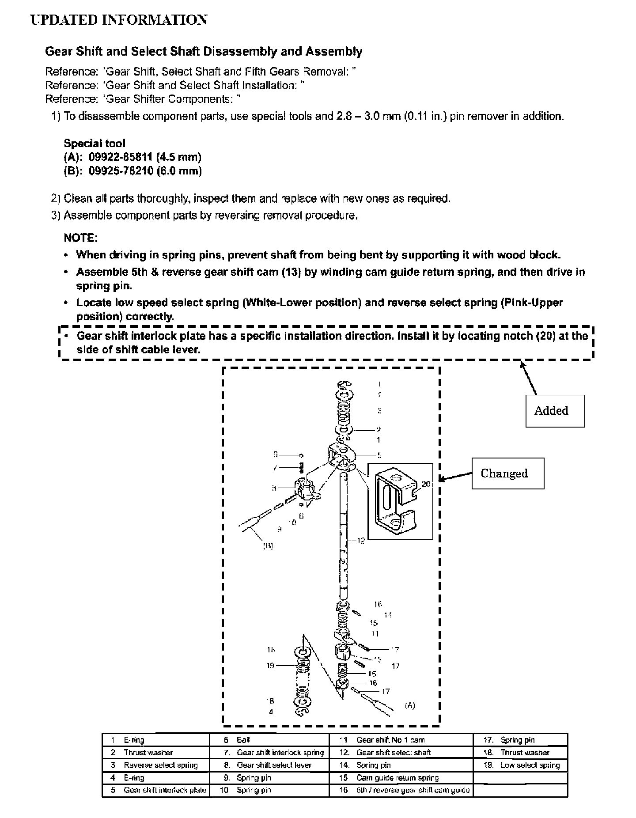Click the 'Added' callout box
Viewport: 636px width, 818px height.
(x=555, y=411)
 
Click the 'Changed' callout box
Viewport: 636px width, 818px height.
(x=507, y=473)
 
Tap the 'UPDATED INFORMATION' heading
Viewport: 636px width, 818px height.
(x=118, y=20)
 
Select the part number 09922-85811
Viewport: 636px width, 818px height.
(x=121, y=157)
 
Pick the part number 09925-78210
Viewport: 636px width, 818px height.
(x=121, y=171)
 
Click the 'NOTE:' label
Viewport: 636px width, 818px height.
(x=80, y=238)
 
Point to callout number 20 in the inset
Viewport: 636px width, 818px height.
(x=426, y=484)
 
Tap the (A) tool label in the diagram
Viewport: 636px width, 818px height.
(x=410, y=705)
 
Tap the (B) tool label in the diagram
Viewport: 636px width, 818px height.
(x=268, y=546)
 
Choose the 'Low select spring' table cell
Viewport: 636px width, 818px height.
(x=530, y=765)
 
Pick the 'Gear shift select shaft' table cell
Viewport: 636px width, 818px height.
(x=393, y=752)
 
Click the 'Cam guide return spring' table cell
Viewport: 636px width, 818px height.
(x=397, y=778)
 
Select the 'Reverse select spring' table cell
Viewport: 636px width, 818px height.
(x=160, y=765)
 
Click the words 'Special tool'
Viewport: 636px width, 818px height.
(x=95, y=143)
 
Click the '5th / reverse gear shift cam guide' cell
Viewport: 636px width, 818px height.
(x=413, y=790)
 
